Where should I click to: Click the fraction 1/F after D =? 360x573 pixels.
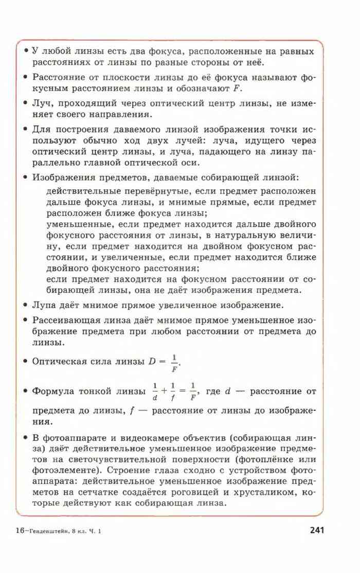click(174, 362)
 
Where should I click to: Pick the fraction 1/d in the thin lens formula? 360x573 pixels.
click(154, 391)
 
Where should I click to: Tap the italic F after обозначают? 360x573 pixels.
click(237, 88)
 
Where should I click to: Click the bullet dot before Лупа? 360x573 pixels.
click(25, 306)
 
